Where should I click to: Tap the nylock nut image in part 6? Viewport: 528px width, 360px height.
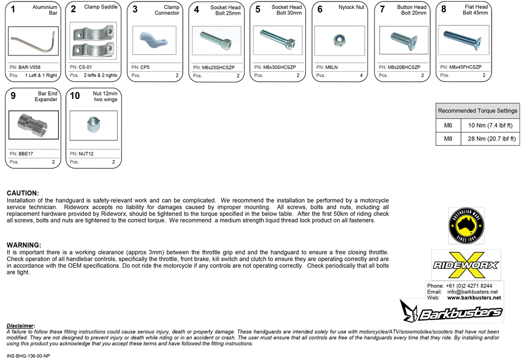coord(340,40)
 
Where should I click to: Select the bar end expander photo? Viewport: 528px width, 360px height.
coord(33,125)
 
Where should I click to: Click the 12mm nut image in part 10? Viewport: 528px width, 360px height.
coord(93,126)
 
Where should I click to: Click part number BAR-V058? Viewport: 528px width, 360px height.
coord(30,68)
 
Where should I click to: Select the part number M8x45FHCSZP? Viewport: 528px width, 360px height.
coord(465,67)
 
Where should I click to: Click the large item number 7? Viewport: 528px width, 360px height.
coord(382,10)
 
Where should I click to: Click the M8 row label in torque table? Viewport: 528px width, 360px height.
coord(448,139)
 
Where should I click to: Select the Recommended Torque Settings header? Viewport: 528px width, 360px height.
coord(477,111)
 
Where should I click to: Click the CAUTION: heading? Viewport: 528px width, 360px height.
coord(23,193)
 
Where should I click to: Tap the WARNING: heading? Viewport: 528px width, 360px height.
coord(24,245)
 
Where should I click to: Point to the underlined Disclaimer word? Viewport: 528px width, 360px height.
coord(21,326)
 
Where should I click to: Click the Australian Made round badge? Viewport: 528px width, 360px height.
coord(466,225)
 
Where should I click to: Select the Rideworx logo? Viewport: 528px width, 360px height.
coord(466,264)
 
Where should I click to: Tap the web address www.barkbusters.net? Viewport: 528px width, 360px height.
coord(474,298)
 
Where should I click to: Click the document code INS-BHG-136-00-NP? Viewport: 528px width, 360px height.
coord(29,356)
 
